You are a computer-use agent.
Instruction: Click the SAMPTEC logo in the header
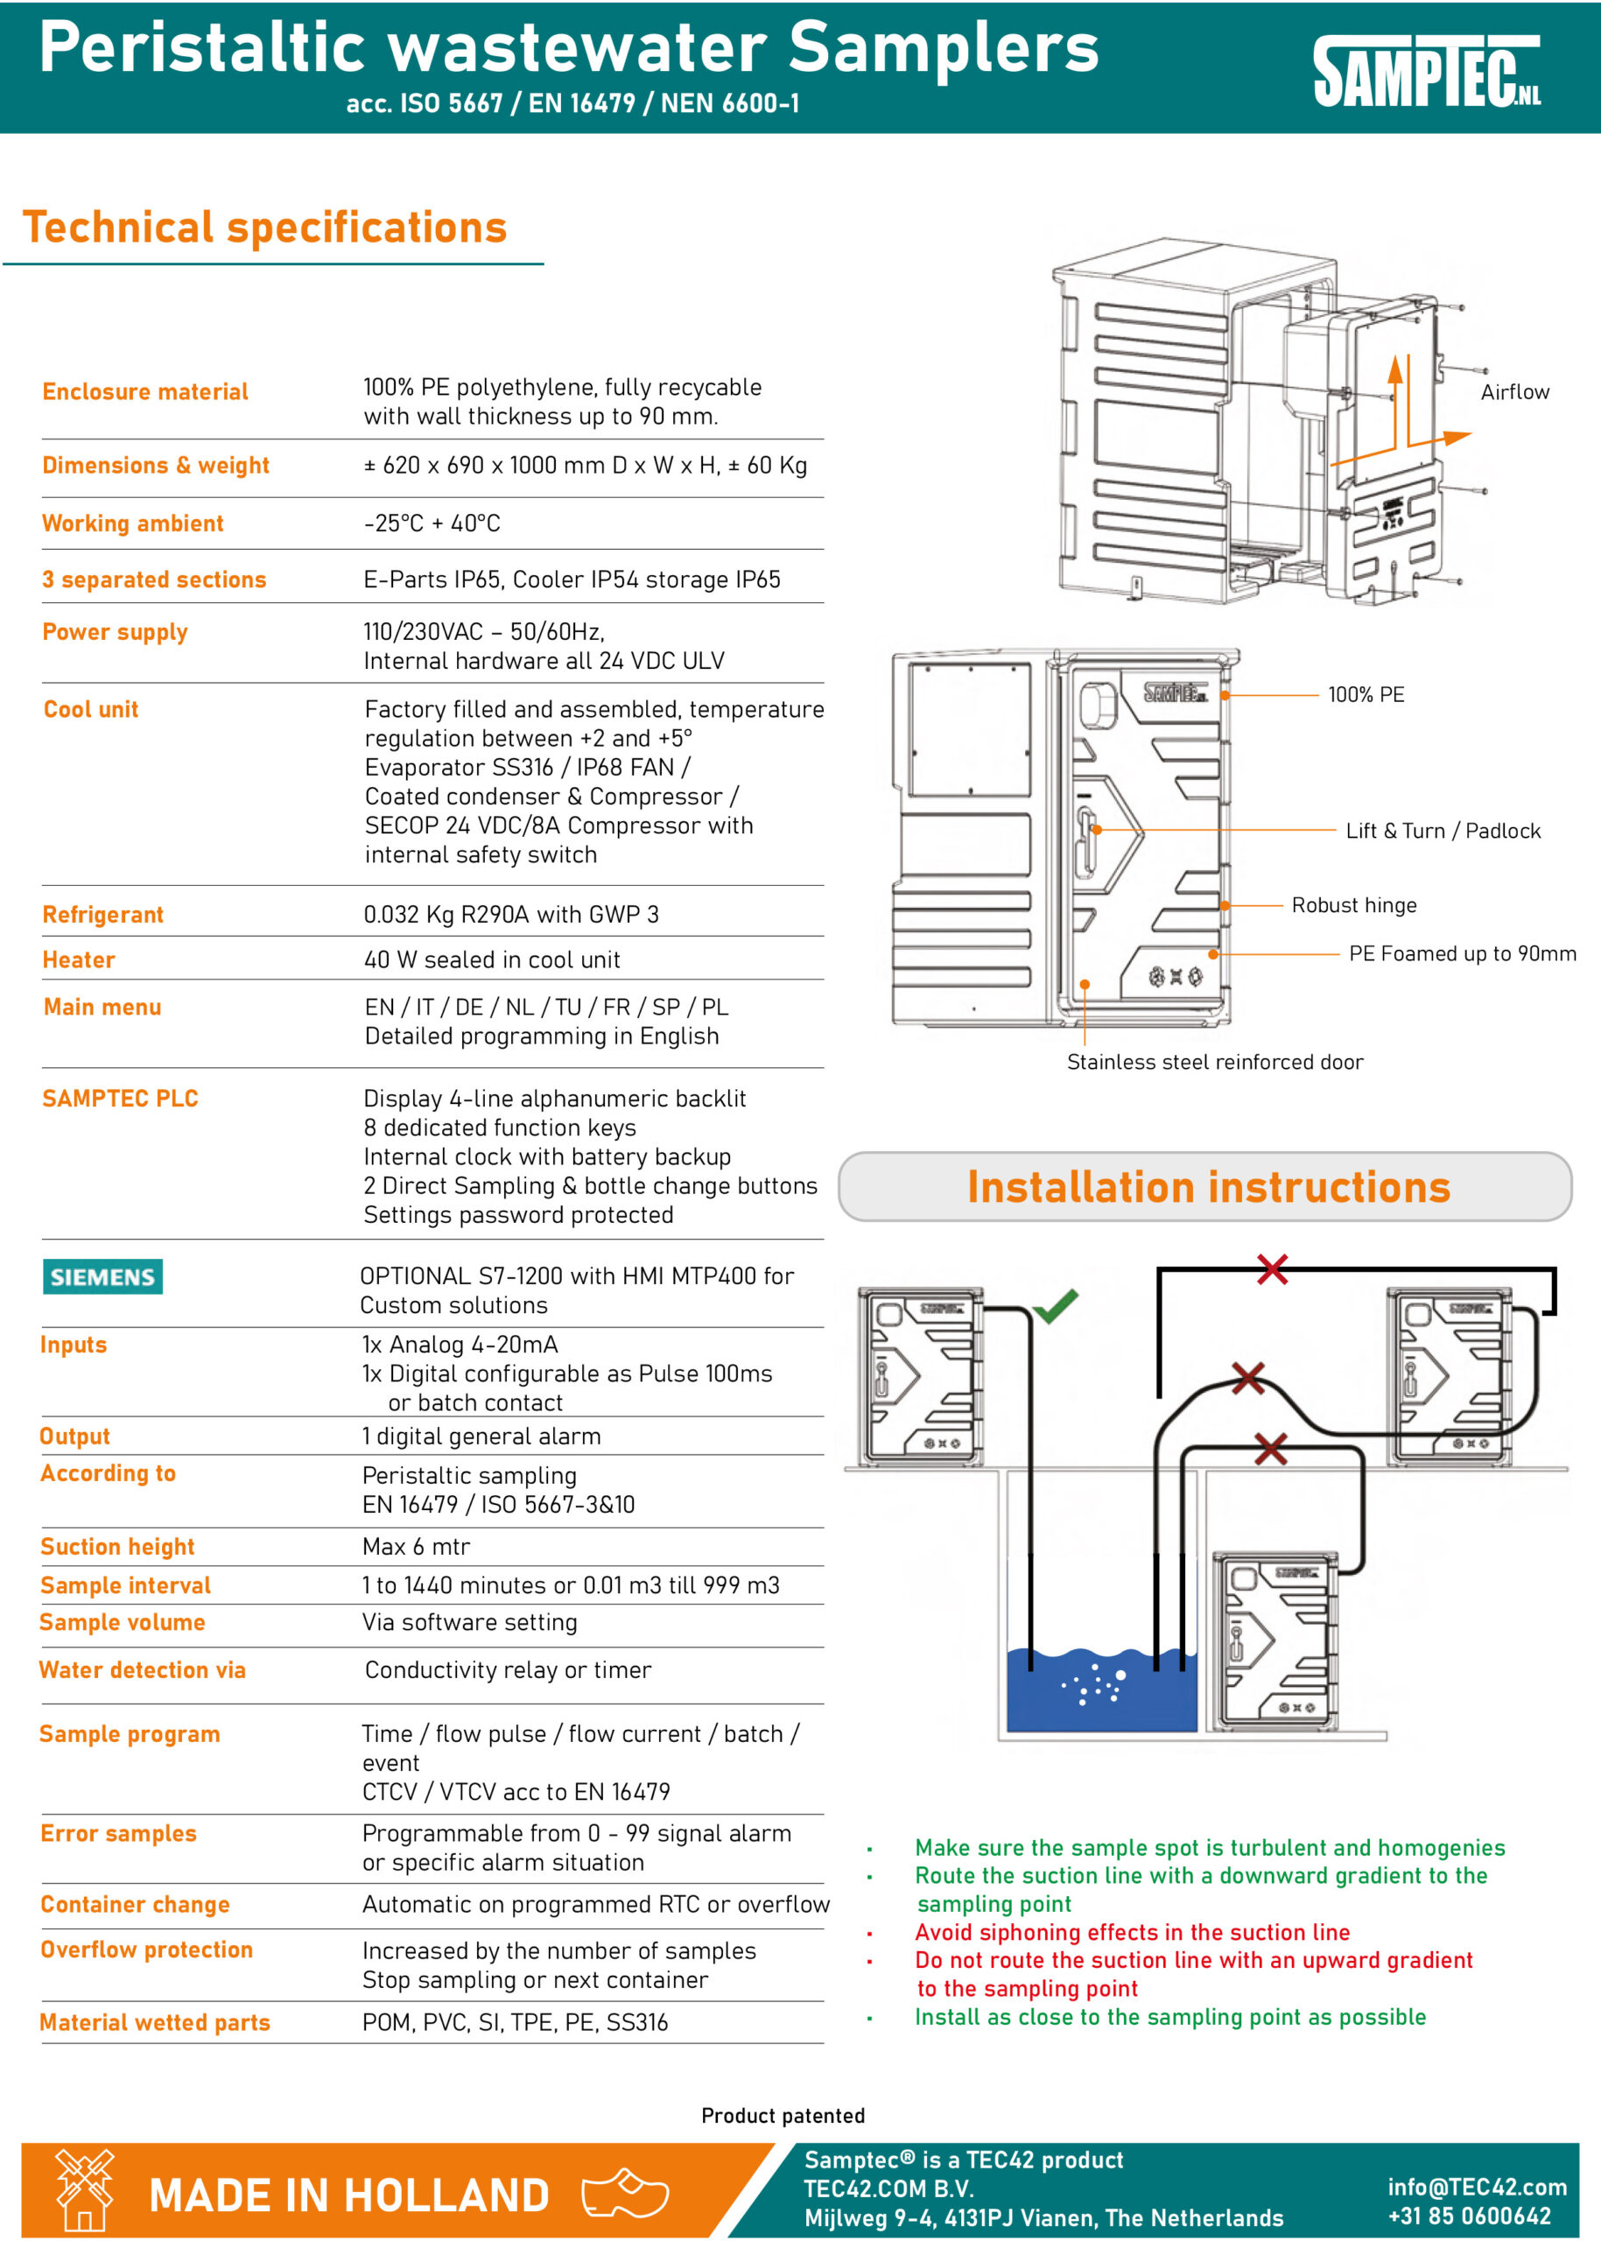(x=1426, y=71)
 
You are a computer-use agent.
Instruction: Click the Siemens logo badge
(x=102, y=1277)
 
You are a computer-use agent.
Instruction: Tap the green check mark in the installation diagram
(x=1056, y=1306)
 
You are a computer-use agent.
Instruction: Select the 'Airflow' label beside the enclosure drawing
(x=1514, y=392)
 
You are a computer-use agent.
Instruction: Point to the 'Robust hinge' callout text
(x=1353, y=905)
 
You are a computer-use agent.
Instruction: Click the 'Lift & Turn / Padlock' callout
(x=1443, y=831)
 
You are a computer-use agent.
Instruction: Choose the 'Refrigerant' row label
(x=102, y=915)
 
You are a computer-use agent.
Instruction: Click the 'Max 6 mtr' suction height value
(x=416, y=1547)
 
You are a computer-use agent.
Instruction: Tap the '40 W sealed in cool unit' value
(x=492, y=960)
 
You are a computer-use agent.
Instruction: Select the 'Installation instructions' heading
(x=1208, y=1187)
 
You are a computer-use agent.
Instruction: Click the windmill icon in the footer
(x=85, y=2189)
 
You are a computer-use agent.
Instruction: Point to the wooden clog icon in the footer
(x=625, y=2194)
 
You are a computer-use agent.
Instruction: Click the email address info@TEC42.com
(x=1477, y=2187)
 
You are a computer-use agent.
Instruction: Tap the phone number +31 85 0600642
(x=1469, y=2216)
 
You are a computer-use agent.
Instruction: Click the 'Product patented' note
(x=783, y=2116)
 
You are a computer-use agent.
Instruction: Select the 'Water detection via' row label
(x=142, y=1670)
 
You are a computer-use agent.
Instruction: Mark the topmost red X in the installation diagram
(x=1272, y=1269)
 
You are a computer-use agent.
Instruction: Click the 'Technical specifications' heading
(x=264, y=228)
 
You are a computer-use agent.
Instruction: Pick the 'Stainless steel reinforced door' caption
(x=1215, y=1062)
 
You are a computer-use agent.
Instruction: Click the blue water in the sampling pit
(x=1055, y=1696)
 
